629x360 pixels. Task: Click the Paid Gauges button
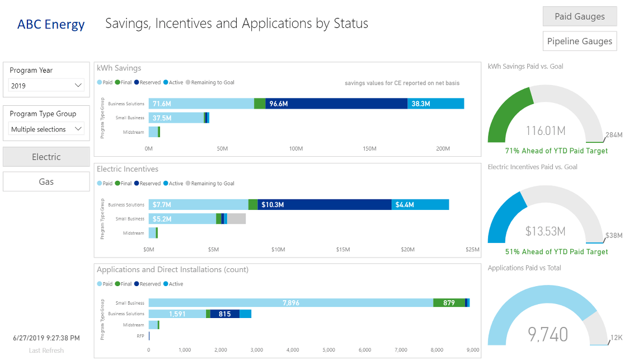click(x=579, y=16)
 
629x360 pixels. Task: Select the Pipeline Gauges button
click(x=579, y=41)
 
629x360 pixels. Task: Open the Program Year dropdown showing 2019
click(x=46, y=86)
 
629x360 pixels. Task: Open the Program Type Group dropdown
click(x=46, y=129)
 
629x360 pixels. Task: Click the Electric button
click(x=46, y=157)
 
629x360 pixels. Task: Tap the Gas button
click(x=46, y=181)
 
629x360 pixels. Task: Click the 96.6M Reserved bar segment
click(x=336, y=104)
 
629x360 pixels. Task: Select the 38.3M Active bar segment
click(x=435, y=104)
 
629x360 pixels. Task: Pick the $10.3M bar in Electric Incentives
click(x=325, y=205)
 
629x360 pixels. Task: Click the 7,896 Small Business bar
click(x=290, y=303)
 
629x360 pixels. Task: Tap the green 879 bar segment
click(x=449, y=303)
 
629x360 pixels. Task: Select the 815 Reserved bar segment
click(x=225, y=314)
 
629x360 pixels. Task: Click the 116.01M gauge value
click(x=545, y=131)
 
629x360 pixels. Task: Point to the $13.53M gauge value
click(x=545, y=231)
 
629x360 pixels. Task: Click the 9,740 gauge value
click(x=548, y=334)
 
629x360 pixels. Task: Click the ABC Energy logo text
click(x=51, y=25)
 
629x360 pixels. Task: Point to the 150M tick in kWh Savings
click(x=369, y=149)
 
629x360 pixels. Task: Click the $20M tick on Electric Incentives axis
click(x=407, y=250)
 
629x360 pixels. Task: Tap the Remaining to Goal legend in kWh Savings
click(x=212, y=83)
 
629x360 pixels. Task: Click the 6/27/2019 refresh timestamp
click(x=46, y=338)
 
